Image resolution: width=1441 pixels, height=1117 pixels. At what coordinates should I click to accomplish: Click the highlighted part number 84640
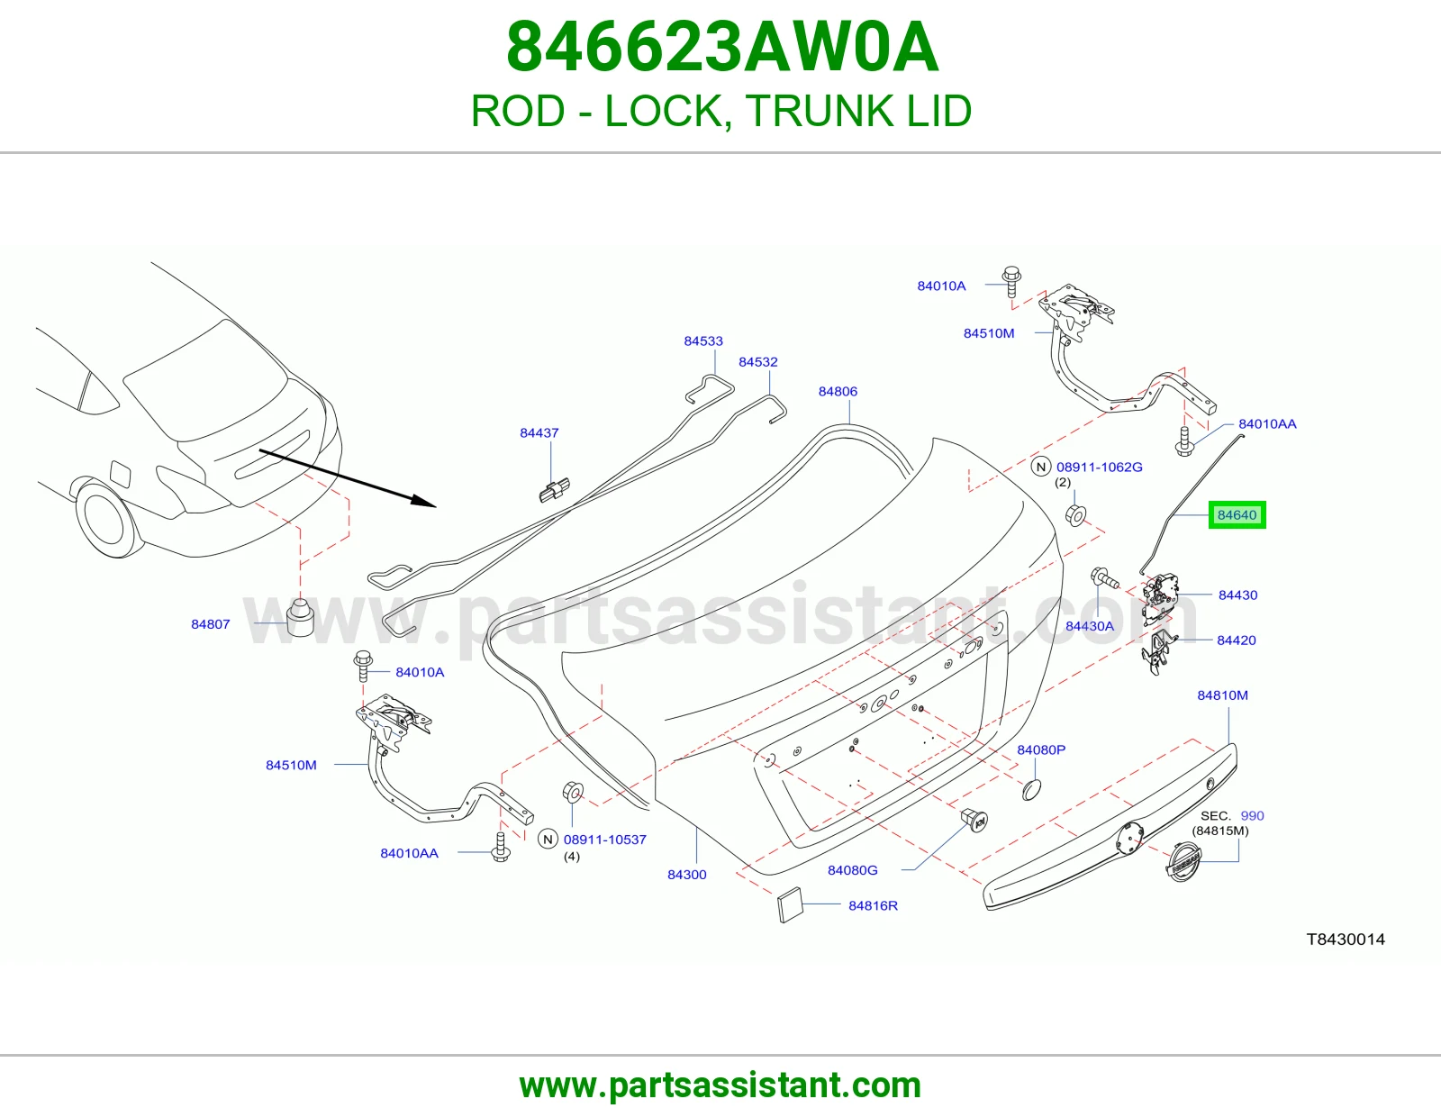pos(1237,514)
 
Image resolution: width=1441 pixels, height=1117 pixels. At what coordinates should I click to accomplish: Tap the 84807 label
pos(210,624)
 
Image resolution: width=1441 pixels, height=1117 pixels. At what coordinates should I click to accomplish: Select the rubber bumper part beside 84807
pos(300,617)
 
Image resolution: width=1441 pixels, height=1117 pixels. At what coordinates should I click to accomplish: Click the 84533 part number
pos(703,341)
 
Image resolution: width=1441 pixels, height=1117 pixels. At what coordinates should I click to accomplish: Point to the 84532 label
pos(758,362)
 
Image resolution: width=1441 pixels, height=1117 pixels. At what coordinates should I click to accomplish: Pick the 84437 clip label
pos(539,432)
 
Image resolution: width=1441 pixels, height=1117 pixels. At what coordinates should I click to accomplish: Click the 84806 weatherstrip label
pos(838,391)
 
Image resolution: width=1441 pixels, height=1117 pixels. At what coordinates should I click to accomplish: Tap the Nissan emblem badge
pos(1183,862)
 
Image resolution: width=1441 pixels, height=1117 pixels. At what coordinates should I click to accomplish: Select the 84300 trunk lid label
pos(687,874)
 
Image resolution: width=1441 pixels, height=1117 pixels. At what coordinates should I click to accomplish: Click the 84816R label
pos(873,905)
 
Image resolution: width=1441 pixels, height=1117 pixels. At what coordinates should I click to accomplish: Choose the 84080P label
pos(1041,749)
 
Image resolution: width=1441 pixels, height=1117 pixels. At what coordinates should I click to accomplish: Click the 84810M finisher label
pos(1222,695)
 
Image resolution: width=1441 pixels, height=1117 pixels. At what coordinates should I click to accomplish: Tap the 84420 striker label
pos(1236,640)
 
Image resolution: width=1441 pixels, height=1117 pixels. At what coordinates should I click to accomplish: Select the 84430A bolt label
pos(1090,626)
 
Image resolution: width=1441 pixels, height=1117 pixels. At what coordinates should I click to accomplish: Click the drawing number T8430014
pos(1346,940)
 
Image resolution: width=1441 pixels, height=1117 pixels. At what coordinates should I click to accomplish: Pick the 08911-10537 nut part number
pos(605,840)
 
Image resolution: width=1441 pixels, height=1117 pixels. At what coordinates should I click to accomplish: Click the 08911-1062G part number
pos(1100,467)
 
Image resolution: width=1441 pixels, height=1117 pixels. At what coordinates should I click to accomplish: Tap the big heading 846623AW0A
pos(722,48)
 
